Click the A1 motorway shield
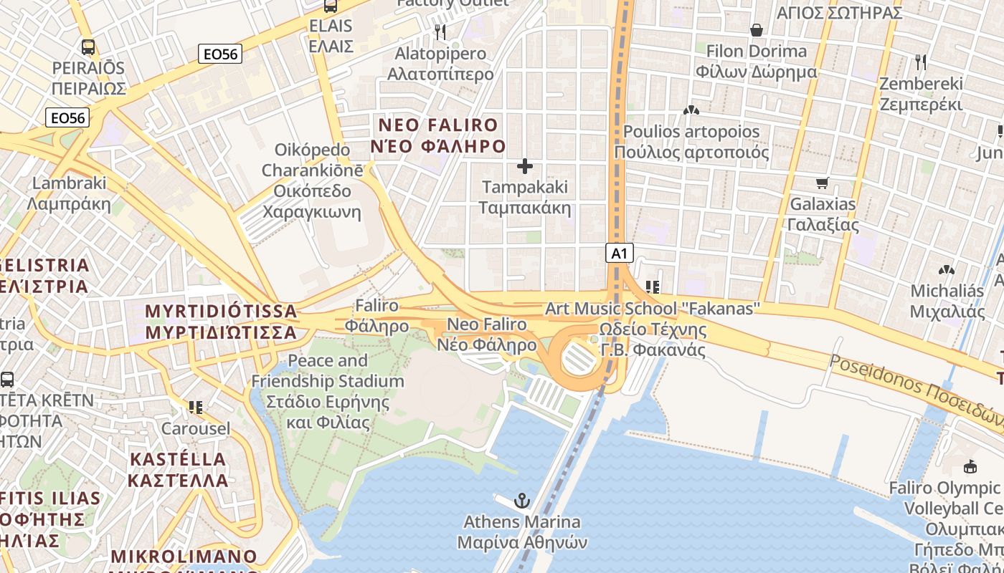tap(620, 253)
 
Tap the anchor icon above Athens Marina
tap(522, 501)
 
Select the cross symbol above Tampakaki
tap(525, 167)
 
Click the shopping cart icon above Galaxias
tap(823, 183)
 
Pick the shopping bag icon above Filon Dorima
tap(756, 30)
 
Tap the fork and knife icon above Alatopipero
tap(440, 32)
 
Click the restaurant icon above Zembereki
tap(921, 62)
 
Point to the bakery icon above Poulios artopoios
tap(691, 110)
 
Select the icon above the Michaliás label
tap(947, 270)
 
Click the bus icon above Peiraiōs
tap(88, 47)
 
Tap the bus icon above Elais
tap(330, 6)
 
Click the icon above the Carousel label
tap(196, 408)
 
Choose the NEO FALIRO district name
tap(437, 135)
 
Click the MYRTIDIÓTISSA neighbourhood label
tap(221, 322)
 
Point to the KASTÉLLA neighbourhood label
tap(178, 469)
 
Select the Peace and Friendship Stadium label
tap(328, 391)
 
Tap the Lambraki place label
tap(69, 193)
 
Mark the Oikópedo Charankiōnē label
tap(312, 180)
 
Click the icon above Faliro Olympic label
tap(970, 467)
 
